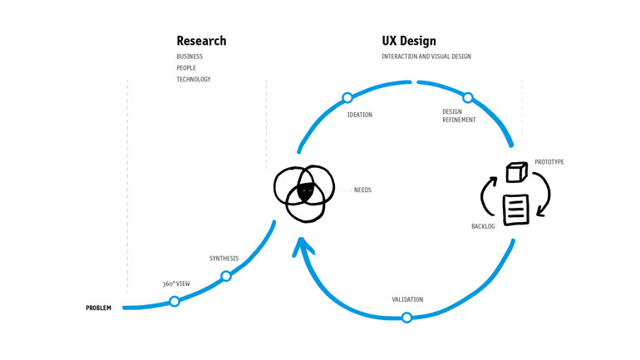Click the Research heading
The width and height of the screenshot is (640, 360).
tap(200, 41)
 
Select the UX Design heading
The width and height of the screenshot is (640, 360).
tap(408, 41)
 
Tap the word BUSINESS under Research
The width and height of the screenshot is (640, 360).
tap(190, 57)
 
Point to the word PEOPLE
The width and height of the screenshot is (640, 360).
tap(186, 68)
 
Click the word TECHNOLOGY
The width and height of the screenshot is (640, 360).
tap(194, 80)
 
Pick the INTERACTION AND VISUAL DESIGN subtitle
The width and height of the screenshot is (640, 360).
tap(426, 57)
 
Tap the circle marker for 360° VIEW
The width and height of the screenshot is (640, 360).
tap(175, 301)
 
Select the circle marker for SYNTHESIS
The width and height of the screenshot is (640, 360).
tap(226, 276)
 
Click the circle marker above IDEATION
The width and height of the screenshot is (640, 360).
tap(347, 98)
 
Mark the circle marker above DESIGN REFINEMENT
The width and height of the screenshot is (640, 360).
tap(468, 98)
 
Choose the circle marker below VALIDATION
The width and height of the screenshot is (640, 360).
tap(406, 318)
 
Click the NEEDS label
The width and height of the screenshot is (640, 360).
tap(362, 190)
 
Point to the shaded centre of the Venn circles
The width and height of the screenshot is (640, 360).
tap(305, 191)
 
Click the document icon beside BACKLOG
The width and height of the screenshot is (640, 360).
tap(515, 208)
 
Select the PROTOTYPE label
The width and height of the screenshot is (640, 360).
tap(549, 162)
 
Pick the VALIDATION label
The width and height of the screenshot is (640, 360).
tap(407, 298)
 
